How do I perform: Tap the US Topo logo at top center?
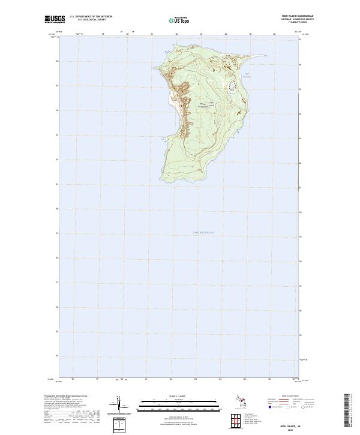(179, 20)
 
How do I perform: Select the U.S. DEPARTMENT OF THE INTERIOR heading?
(91, 17)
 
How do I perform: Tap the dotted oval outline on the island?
(232, 87)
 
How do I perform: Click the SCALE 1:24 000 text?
(180, 396)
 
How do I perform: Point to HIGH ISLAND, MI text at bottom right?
(305, 423)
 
